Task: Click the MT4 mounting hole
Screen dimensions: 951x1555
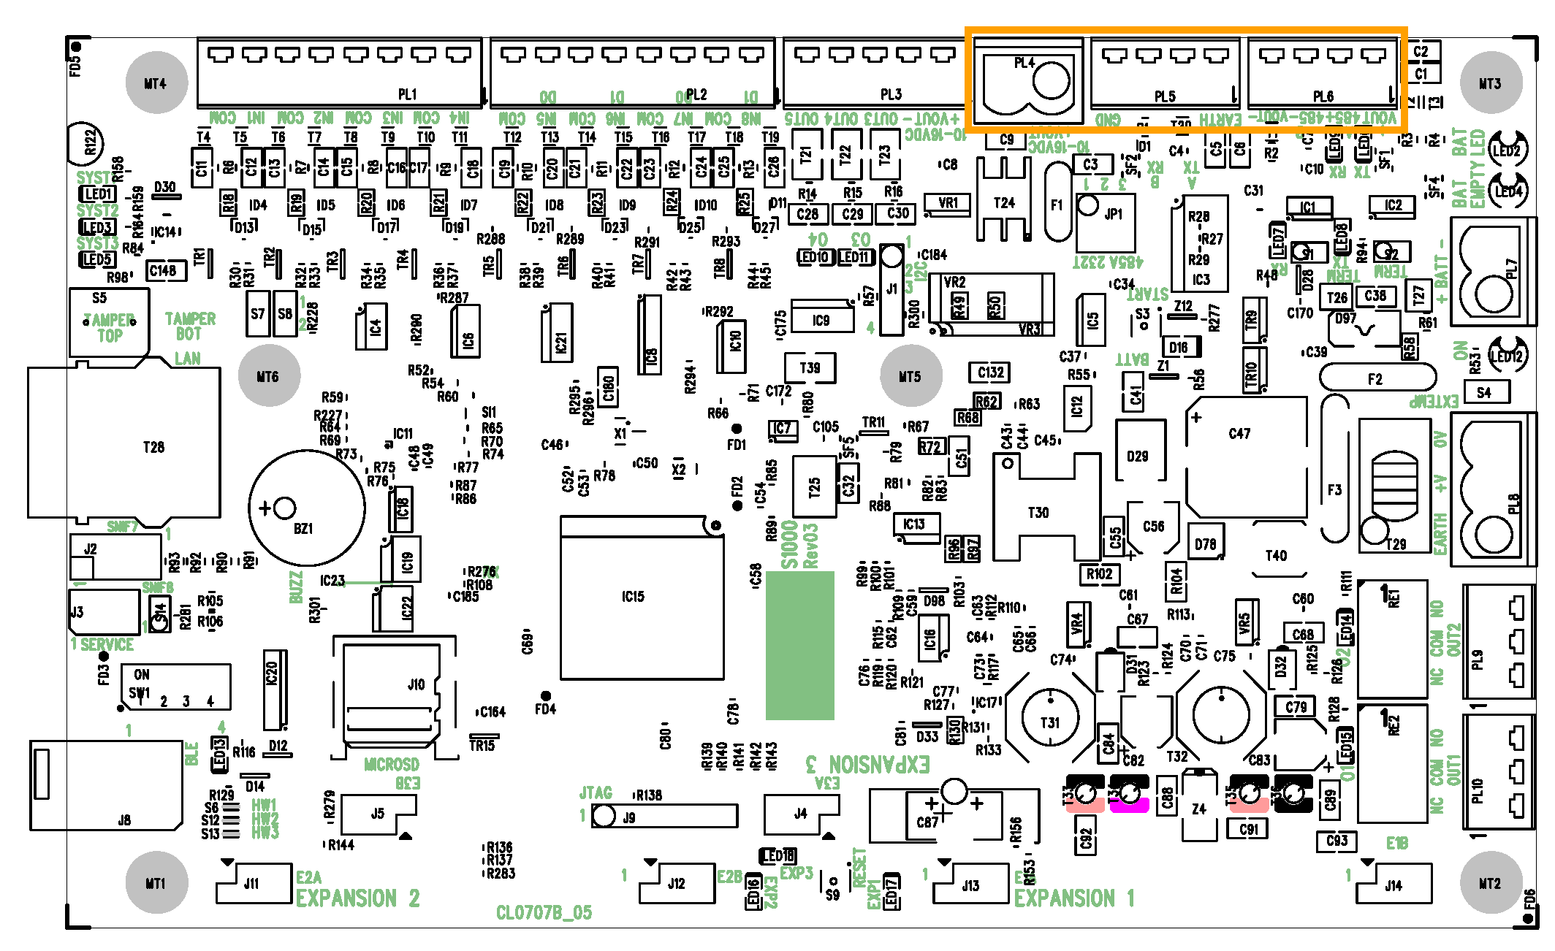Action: [x=156, y=83]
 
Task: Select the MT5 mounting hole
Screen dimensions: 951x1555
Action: [x=910, y=375]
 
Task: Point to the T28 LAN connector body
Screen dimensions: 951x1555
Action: [x=124, y=443]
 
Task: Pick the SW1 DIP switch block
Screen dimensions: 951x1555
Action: [x=175, y=687]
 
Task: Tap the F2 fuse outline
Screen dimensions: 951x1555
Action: [x=1377, y=378]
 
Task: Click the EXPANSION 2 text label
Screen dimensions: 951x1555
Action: [x=358, y=898]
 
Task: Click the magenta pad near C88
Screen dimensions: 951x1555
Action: [x=1129, y=805]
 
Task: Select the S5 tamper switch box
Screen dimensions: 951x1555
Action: [x=110, y=321]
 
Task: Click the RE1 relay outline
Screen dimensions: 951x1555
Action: [x=1392, y=639]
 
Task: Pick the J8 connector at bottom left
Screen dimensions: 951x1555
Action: [x=106, y=785]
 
